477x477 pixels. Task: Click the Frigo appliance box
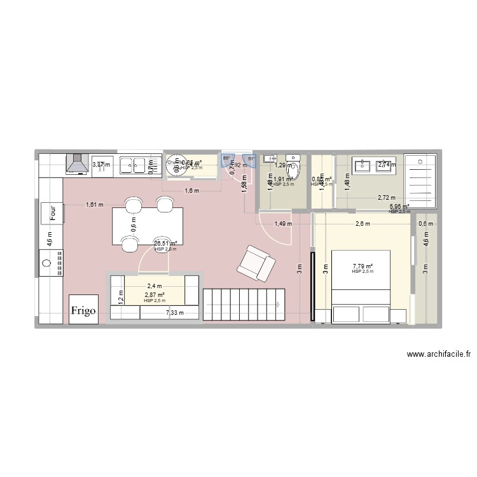[84, 310]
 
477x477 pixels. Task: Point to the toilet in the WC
[293, 166]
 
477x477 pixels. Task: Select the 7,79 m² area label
[363, 266]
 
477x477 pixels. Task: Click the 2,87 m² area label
[155, 295]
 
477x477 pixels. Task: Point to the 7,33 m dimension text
[175, 313]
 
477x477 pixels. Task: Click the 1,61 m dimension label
[95, 205]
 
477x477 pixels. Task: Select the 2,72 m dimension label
[386, 198]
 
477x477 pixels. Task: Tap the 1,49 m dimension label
[283, 224]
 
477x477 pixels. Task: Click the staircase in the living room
[244, 305]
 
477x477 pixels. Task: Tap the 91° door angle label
[251, 159]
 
